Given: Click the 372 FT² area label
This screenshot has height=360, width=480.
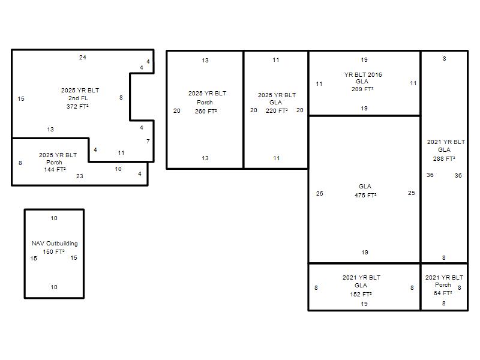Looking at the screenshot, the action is click(x=78, y=107).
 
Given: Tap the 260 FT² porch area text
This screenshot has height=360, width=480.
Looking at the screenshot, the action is click(x=206, y=111).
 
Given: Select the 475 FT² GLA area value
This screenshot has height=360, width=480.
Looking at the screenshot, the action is click(x=366, y=195).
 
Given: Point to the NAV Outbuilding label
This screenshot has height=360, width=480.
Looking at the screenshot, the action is click(x=55, y=244).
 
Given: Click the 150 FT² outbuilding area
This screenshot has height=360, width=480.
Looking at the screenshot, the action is click(x=54, y=251).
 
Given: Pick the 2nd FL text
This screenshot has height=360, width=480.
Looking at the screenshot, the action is click(x=78, y=98).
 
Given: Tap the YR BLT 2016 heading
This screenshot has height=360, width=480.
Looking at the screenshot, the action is click(x=363, y=74).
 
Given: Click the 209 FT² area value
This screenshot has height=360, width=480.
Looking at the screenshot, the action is click(x=362, y=89).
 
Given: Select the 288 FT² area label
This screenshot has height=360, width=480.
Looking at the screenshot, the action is click(x=444, y=158).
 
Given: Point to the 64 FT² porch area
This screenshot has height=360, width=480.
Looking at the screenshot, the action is click(x=443, y=293).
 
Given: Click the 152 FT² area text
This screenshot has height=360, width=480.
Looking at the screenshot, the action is click(x=361, y=294).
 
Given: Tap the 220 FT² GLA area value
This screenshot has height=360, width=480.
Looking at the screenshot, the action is click(x=277, y=110).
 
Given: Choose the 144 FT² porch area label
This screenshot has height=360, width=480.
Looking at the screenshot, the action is click(x=55, y=169).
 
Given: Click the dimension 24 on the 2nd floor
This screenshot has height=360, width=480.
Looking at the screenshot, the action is click(x=83, y=57).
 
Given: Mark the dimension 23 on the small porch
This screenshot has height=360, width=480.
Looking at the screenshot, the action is click(x=80, y=176).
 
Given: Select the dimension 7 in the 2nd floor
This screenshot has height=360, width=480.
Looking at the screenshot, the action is click(x=148, y=141).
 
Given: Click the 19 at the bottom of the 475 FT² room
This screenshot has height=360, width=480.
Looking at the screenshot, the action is click(x=365, y=252).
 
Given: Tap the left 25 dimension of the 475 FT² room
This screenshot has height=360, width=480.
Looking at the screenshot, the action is click(x=320, y=193).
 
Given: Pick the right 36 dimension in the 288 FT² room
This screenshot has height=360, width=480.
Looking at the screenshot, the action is click(x=458, y=175).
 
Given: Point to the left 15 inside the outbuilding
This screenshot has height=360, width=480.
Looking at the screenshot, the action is click(x=34, y=259).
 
